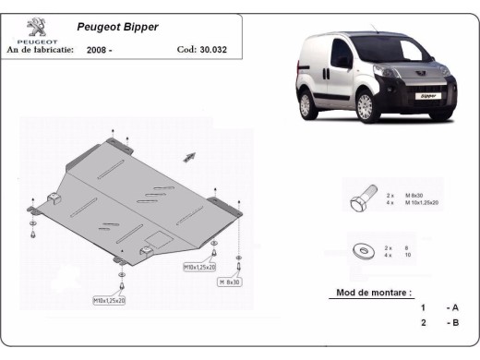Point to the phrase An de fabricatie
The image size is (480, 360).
pos(39,50)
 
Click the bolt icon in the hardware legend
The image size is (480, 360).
pos(361,199)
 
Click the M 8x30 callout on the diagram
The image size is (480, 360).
pos(229,281)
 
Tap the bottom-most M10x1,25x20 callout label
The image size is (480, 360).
pos(109,301)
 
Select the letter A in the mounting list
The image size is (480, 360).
pos(454,307)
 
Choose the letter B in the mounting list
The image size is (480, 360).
pos(454,323)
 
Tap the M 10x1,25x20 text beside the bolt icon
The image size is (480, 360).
pos(425,202)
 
